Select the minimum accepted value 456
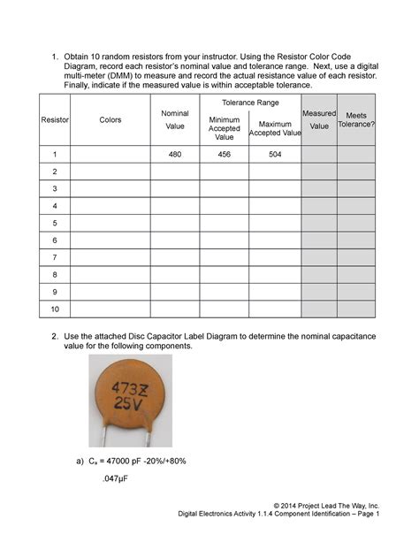(224, 154)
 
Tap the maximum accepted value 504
(275, 154)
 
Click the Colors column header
(110, 119)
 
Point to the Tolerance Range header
(250, 103)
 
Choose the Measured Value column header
(318, 119)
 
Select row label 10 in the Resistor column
(55, 309)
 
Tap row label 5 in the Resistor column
(55, 223)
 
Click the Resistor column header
(55, 119)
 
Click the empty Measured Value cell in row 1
(318, 154)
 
